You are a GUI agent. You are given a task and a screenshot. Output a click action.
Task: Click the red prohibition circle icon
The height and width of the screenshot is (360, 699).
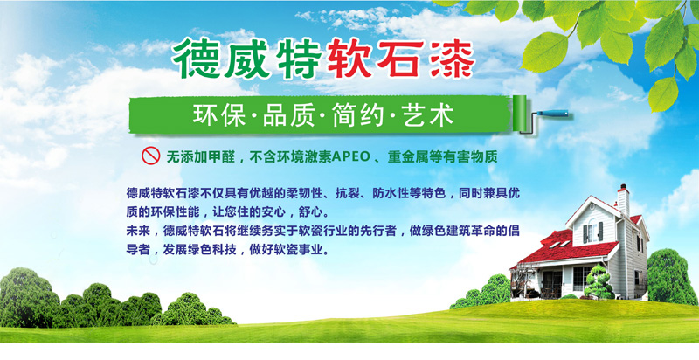150,156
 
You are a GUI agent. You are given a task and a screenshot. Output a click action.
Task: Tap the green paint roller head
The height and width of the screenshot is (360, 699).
519,114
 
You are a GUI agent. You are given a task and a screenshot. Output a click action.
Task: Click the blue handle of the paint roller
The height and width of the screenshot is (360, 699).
552,114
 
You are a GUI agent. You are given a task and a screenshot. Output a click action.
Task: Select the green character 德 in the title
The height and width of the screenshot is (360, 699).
195,59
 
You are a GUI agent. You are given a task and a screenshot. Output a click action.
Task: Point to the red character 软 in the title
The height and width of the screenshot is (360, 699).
348,59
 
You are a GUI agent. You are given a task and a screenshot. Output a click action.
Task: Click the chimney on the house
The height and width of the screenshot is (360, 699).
623,200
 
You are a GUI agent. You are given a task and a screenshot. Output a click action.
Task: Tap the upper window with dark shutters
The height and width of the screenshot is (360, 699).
592,232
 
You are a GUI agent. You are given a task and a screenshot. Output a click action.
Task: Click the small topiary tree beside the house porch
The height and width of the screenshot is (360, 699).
599,282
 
